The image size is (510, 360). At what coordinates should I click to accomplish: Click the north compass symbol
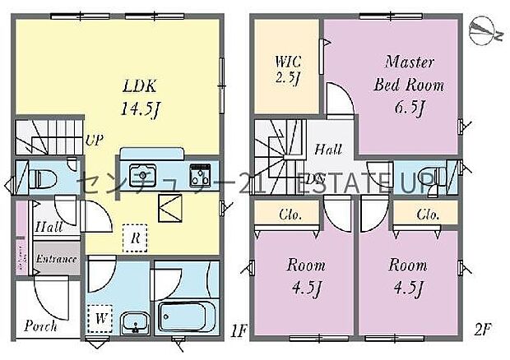click(484, 31)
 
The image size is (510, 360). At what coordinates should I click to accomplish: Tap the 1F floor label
click(239, 331)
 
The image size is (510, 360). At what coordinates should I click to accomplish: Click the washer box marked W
click(100, 316)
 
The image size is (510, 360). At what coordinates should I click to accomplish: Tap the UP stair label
click(95, 140)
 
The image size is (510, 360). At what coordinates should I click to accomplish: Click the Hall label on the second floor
click(329, 150)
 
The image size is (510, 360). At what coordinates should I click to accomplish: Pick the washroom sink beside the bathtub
click(132, 321)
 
